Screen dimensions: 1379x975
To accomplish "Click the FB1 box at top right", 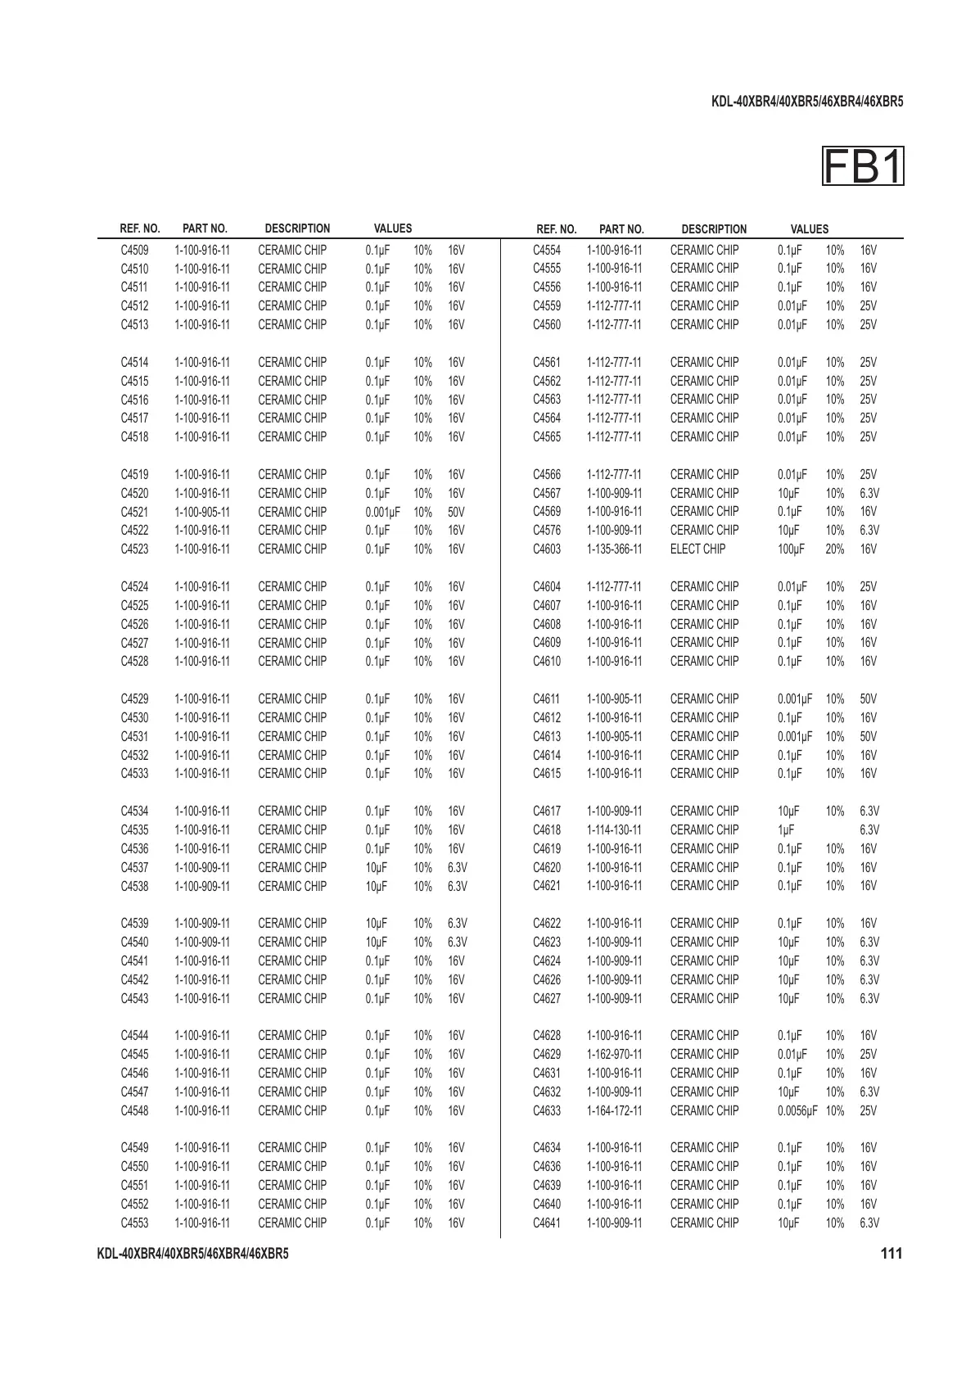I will pyautogui.click(x=863, y=167).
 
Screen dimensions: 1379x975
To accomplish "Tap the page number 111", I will pyautogui.click(x=891, y=1254).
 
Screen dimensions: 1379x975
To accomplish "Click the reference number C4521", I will pyautogui.click(x=135, y=512).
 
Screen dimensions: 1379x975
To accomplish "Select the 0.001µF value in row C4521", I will pyautogui.click(x=382, y=512).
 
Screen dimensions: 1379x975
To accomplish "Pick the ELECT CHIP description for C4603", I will pyautogui.click(x=697, y=549).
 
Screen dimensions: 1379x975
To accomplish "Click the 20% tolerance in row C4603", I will pyautogui.click(x=834, y=549).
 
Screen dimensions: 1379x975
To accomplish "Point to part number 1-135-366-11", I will pyautogui.click(x=614, y=549).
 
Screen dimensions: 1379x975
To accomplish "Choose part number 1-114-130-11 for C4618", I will pyautogui.click(x=614, y=830).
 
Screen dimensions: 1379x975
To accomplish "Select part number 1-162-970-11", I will pyautogui.click(x=614, y=1054).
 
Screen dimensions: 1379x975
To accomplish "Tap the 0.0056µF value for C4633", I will pyautogui.click(x=797, y=1110).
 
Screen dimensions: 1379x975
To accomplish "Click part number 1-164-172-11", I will pyautogui.click(x=614, y=1110).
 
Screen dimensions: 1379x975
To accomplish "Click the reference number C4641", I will pyautogui.click(x=547, y=1223).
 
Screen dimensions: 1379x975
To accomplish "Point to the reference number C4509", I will pyautogui.click(x=135, y=250).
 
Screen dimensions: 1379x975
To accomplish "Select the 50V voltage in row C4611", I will pyautogui.click(x=868, y=699).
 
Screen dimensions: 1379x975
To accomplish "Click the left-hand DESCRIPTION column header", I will pyautogui.click(x=297, y=228).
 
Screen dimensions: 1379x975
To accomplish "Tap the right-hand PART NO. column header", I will pyautogui.click(x=621, y=229).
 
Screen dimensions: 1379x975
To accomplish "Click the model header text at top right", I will pyautogui.click(x=806, y=102).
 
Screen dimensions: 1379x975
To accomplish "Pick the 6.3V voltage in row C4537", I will pyautogui.click(x=458, y=867).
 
